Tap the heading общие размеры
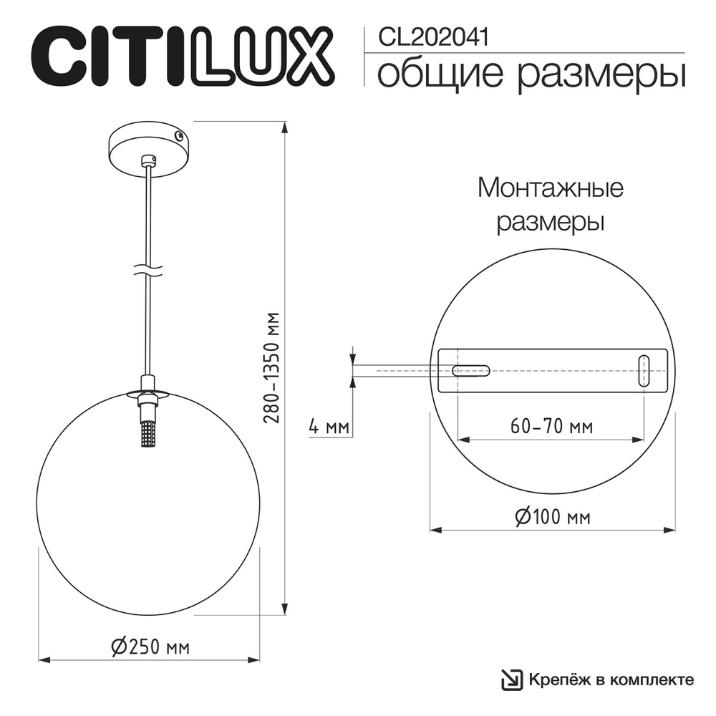point(531,74)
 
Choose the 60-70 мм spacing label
point(551,427)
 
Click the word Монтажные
point(551,189)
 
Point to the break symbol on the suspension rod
point(147,270)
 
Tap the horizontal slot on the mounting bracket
point(470,371)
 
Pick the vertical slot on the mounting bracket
point(644,371)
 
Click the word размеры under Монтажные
point(551,222)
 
